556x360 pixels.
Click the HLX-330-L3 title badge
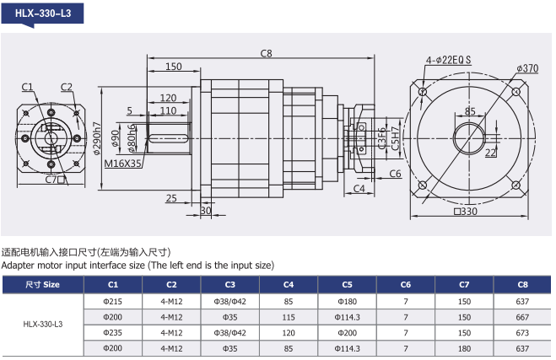point(42,13)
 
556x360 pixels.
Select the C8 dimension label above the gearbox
point(266,53)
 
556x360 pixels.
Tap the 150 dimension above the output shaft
point(174,67)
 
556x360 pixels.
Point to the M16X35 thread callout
point(122,164)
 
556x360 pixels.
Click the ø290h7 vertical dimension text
point(96,138)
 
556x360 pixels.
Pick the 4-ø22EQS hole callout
point(448,60)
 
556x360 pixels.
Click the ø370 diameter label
point(527,68)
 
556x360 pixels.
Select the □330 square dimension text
point(466,212)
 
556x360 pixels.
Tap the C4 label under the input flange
point(359,189)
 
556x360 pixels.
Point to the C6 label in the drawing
point(395,174)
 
